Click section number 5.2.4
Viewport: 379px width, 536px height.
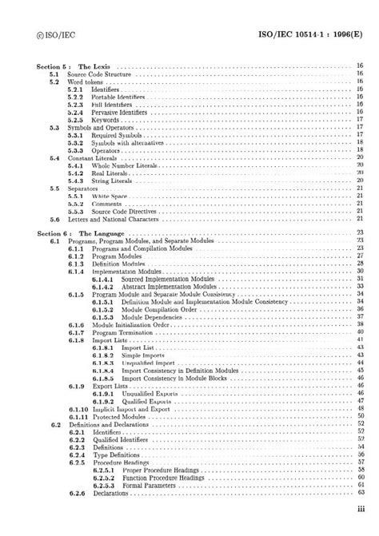coord(76,113)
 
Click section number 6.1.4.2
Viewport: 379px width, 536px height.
coord(102,285)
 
